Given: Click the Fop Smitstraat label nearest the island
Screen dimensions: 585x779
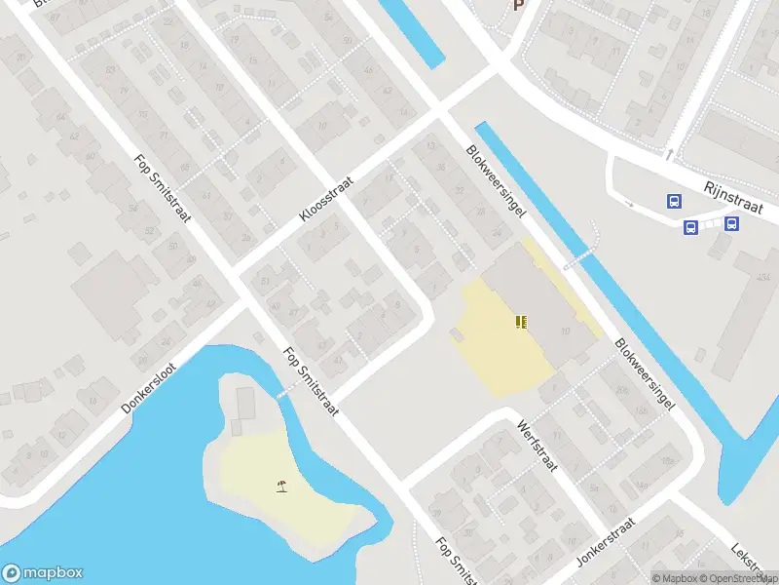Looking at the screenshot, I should point(311,382).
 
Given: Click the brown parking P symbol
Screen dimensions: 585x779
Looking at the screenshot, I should point(519,4).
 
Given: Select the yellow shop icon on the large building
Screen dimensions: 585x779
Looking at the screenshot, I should point(523,321).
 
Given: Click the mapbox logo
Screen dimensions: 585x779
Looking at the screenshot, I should point(43,573).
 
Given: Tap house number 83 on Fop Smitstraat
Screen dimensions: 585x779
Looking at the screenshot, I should point(85,69).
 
